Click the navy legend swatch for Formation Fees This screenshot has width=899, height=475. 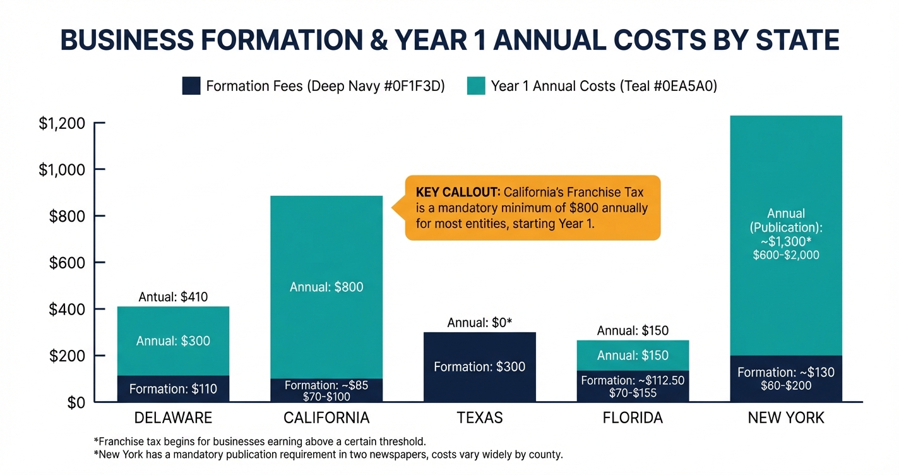tap(191, 86)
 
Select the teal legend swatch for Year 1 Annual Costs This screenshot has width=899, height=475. tap(476, 86)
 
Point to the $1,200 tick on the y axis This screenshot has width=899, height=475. tap(62, 123)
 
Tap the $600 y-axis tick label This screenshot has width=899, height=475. tap(67, 263)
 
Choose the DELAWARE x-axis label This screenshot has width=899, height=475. tap(173, 418)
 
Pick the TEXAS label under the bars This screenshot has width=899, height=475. tap(479, 418)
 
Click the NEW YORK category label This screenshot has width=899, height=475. tap(786, 418)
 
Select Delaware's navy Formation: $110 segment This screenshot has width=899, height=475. tap(173, 389)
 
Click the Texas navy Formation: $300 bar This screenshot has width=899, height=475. tap(479, 367)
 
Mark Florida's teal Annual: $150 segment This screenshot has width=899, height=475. tap(633, 355)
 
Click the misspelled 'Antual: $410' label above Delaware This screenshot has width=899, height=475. tap(173, 297)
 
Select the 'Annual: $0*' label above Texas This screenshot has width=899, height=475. tap(479, 323)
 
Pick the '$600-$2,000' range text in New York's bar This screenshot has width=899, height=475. tap(786, 255)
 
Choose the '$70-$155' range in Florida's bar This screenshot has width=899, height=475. tap(633, 394)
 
